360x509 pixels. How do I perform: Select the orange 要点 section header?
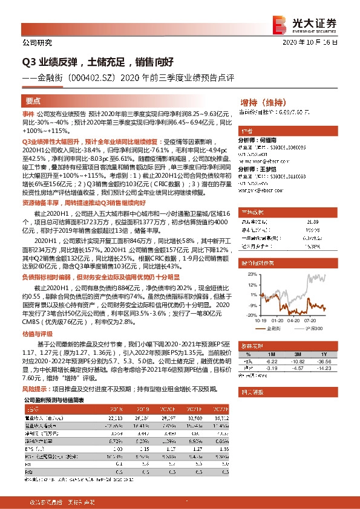(34, 101)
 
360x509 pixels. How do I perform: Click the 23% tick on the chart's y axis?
(250, 273)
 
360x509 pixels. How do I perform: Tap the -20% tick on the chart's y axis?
(249, 315)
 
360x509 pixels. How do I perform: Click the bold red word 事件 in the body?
(28, 114)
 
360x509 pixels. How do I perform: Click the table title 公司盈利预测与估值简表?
(54, 400)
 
